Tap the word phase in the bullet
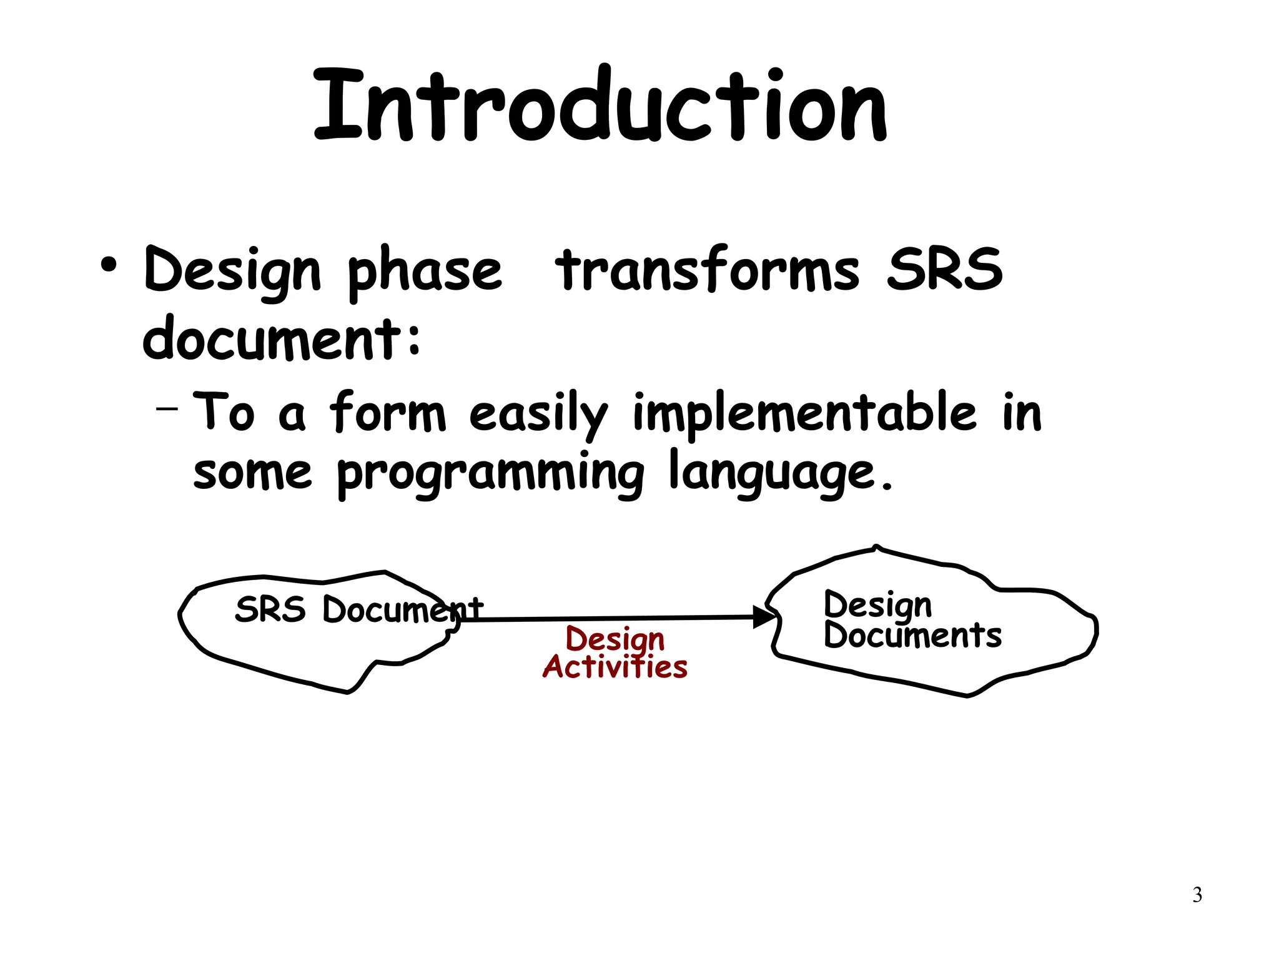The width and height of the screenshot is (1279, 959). click(425, 272)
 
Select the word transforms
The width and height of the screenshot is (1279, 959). click(707, 270)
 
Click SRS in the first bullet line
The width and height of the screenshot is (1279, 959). click(944, 270)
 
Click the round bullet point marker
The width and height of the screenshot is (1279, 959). click(109, 265)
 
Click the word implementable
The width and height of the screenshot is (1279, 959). click(804, 413)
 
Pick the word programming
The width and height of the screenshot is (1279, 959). click(491, 475)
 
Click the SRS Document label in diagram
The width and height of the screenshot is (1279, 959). click(358, 609)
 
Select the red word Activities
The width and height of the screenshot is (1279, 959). click(615, 667)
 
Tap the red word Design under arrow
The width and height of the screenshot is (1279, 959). click(615, 639)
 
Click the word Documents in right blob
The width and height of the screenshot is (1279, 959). click(912, 636)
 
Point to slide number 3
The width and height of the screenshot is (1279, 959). click(1197, 895)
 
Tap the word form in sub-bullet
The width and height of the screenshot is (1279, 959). click(387, 412)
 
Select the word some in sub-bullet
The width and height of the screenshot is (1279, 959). click(252, 473)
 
